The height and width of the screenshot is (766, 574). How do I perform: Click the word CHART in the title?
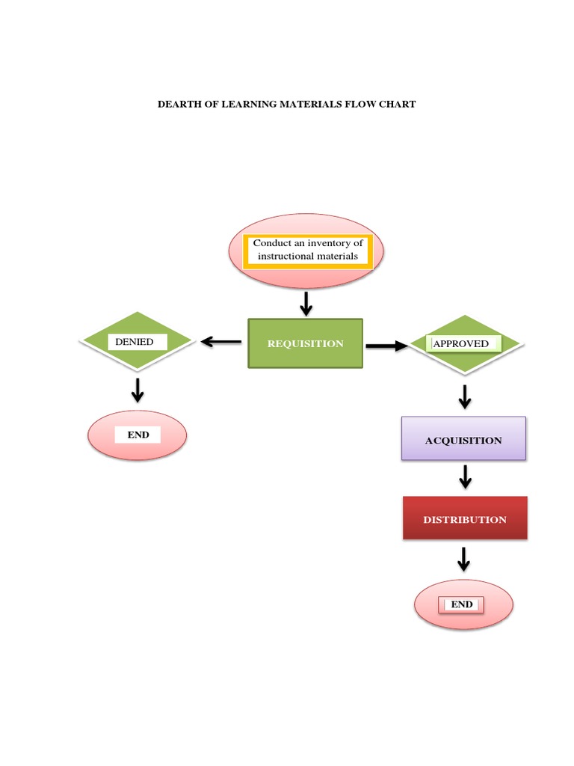pyautogui.click(x=398, y=104)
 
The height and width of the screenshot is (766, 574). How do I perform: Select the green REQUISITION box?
pyautogui.click(x=305, y=343)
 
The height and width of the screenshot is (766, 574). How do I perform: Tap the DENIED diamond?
pyautogui.click(x=138, y=342)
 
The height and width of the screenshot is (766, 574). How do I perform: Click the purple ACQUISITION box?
pyautogui.click(x=463, y=439)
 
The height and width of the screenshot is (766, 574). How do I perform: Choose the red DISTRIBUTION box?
pyautogui.click(x=464, y=519)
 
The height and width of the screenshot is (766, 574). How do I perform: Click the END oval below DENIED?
pyautogui.click(x=138, y=435)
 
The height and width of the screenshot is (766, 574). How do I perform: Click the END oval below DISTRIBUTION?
pyautogui.click(x=463, y=604)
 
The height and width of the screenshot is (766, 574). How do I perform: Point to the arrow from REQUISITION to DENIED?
pyautogui.click(x=220, y=342)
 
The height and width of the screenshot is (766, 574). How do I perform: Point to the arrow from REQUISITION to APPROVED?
pyautogui.click(x=386, y=346)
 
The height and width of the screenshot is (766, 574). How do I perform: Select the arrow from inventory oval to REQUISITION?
pyautogui.click(x=305, y=303)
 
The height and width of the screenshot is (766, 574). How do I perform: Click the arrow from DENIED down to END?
pyautogui.click(x=138, y=390)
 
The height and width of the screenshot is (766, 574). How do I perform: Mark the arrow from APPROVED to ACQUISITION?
pyautogui.click(x=465, y=396)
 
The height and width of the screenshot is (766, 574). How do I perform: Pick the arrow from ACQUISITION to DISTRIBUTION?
pyautogui.click(x=465, y=477)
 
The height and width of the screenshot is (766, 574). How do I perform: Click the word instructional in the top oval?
pyautogui.click(x=286, y=256)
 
